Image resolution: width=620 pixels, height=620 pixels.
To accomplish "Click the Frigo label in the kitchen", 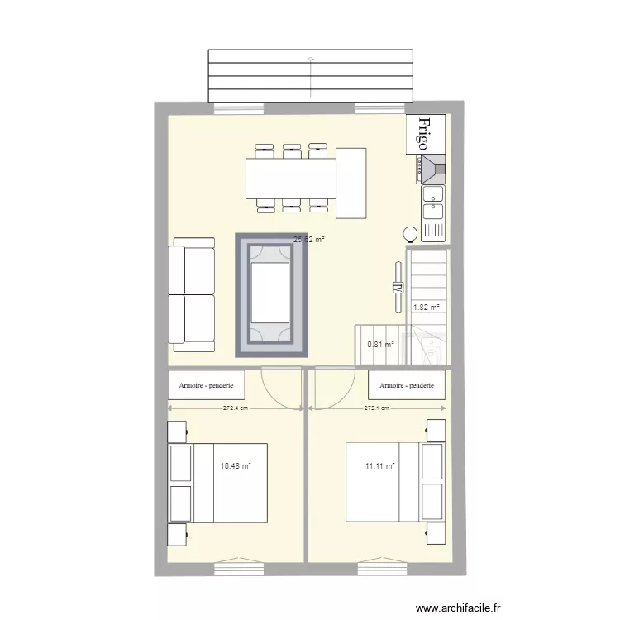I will tap(425, 134).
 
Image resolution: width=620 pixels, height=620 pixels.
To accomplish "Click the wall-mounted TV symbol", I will tap(397, 288).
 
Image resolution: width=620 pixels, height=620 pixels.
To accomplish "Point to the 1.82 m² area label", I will tap(427, 308).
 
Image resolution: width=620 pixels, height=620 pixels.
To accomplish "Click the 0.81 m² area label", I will tap(380, 345).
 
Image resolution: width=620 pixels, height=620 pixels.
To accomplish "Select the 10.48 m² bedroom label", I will tap(236, 466).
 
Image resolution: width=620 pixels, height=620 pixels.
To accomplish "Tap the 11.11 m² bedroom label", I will tap(380, 466).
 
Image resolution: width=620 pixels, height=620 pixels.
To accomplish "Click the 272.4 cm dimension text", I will tap(237, 408).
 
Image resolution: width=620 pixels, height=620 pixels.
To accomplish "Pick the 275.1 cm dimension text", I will tap(378, 408).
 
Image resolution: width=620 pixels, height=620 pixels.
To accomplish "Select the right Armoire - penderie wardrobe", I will tap(407, 385).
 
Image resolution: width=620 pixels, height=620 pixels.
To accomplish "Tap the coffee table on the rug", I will tap(271, 293).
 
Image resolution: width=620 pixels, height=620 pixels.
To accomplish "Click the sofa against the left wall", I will tap(192, 291).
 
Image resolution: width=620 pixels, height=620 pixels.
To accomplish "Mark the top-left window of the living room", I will tap(239, 107).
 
